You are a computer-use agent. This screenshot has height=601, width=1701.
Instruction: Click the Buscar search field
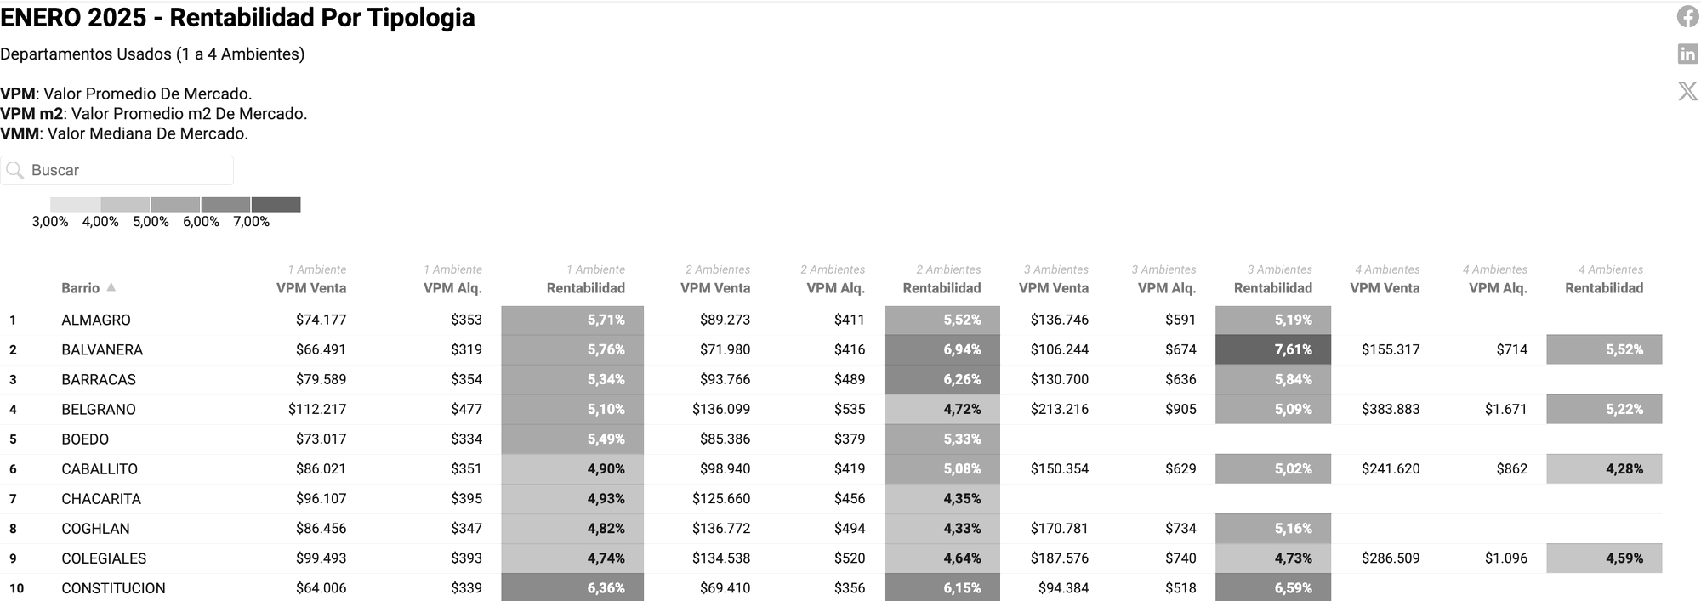pyautogui.click(x=128, y=170)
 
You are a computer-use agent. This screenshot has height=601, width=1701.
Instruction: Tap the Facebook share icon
pyautogui.click(x=1687, y=16)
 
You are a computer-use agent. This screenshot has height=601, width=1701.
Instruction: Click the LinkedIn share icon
pyautogui.click(x=1687, y=54)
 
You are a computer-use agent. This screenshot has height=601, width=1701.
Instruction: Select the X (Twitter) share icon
pyautogui.click(x=1687, y=91)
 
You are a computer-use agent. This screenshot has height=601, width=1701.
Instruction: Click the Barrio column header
pyautogui.click(x=81, y=288)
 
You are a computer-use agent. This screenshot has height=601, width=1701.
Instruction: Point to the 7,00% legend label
pyautogui.click(x=251, y=222)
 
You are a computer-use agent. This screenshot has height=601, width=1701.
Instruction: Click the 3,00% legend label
pyautogui.click(x=50, y=222)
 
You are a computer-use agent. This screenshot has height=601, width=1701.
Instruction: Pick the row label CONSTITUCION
pyautogui.click(x=113, y=588)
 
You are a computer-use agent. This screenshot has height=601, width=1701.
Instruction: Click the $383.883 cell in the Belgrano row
pyautogui.click(x=1390, y=409)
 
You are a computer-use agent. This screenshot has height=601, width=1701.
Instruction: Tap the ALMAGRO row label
pyautogui.click(x=96, y=320)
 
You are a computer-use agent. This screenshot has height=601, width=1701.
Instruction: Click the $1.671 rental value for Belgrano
pyautogui.click(x=1505, y=409)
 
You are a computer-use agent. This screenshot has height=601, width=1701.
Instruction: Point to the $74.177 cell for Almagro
pyautogui.click(x=321, y=320)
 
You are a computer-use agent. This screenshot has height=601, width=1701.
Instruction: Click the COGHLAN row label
pyautogui.click(x=95, y=529)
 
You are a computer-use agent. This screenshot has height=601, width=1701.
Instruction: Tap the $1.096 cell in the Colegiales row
pyautogui.click(x=1505, y=558)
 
